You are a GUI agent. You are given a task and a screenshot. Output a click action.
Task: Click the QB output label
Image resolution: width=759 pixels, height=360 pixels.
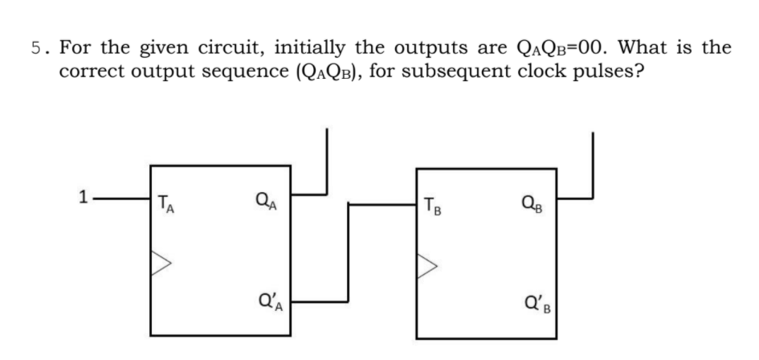pos(531,202)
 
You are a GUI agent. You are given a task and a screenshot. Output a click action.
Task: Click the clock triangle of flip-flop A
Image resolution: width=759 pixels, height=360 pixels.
pos(161,258)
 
